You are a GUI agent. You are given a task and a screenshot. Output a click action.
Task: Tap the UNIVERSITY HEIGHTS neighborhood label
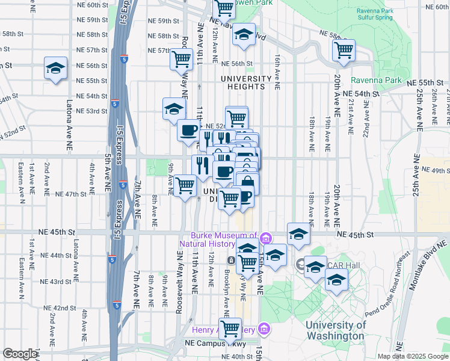coord(246,82)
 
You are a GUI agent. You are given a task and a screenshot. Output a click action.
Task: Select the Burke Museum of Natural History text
coord(224,239)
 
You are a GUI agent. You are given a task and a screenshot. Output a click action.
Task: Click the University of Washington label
coord(335,330)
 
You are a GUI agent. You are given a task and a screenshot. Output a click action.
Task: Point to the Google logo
coord(20,354)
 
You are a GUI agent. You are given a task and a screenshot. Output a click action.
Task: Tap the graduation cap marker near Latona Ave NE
coord(55,69)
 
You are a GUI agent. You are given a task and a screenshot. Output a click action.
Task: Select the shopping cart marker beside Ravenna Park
coord(344,51)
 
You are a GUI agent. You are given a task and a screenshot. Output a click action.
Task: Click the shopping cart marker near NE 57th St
coord(181,59)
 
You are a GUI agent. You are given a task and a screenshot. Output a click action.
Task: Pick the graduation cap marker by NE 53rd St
coord(173,109)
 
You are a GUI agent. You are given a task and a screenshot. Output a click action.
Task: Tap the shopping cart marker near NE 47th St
coord(185,185)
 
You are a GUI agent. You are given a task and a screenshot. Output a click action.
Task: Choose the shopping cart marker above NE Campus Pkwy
coord(230,329)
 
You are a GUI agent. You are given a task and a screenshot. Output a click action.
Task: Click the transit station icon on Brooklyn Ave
coord(232,260)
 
